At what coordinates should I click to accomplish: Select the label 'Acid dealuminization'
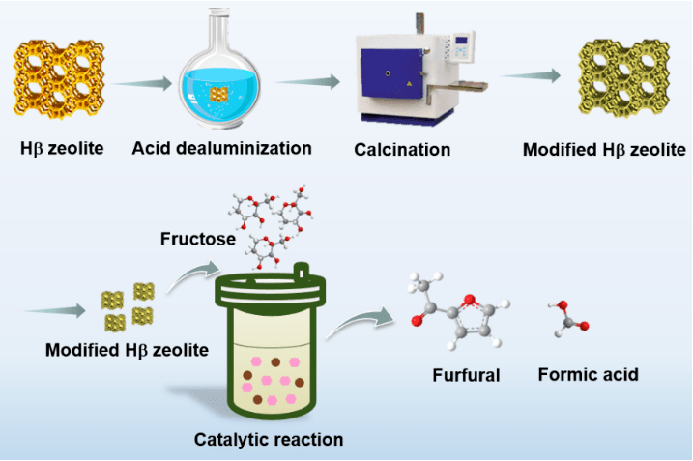222,149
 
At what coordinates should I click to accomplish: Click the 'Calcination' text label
402,150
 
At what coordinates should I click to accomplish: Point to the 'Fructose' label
197,238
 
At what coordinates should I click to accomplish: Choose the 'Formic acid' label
588,374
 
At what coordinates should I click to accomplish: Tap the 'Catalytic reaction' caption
269,440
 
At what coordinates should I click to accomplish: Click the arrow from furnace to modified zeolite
533,75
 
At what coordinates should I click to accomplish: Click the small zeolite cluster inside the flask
220,93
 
